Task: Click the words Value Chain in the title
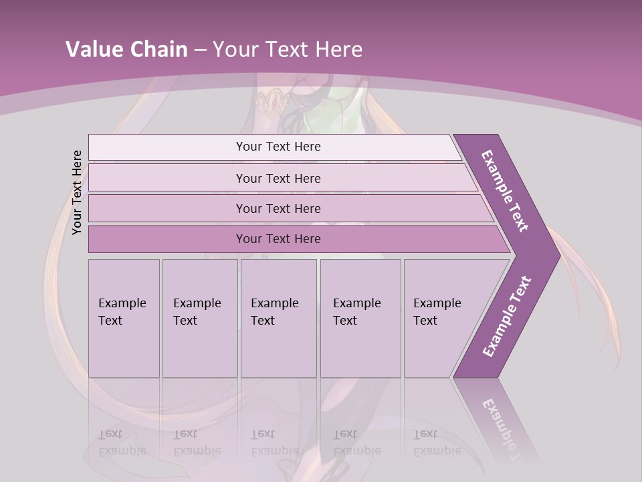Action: click(126, 50)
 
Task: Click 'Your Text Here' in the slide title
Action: click(288, 50)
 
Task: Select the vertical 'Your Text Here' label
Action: click(77, 192)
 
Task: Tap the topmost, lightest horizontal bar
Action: click(278, 147)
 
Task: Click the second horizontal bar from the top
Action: click(278, 178)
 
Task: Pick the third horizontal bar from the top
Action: click(278, 208)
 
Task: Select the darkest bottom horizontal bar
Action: click(278, 239)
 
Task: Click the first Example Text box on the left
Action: click(124, 318)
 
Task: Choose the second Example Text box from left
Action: click(199, 318)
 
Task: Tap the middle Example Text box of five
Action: click(278, 318)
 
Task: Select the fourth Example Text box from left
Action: click(360, 318)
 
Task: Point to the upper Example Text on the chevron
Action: click(505, 190)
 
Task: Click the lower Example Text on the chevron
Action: click(507, 317)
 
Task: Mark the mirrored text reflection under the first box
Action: click(122, 443)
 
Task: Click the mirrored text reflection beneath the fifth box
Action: click(437, 443)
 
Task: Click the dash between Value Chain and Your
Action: click(200, 50)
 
